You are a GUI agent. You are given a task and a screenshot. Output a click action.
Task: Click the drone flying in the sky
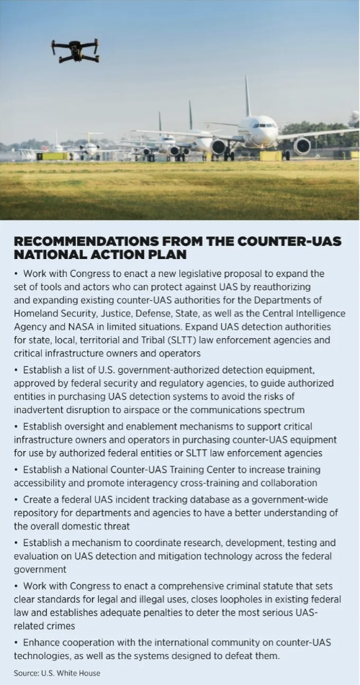coord(75,50)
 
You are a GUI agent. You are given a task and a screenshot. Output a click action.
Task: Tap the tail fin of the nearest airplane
coord(247,97)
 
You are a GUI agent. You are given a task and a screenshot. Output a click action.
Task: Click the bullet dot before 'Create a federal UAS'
coord(17,499)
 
